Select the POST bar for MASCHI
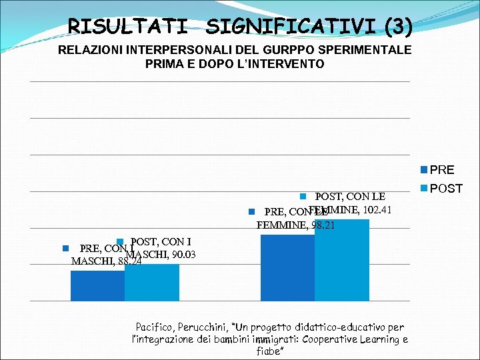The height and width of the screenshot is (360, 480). pos(152,283)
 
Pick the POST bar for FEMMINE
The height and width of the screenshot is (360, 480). pos(341,260)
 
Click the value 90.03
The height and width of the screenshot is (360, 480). pos(183,253)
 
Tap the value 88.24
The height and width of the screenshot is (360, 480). pos(129,261)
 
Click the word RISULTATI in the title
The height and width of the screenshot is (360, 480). pos(127,27)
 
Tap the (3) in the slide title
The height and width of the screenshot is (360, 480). pos(398,27)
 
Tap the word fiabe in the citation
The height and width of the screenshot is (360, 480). pos(270,351)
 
